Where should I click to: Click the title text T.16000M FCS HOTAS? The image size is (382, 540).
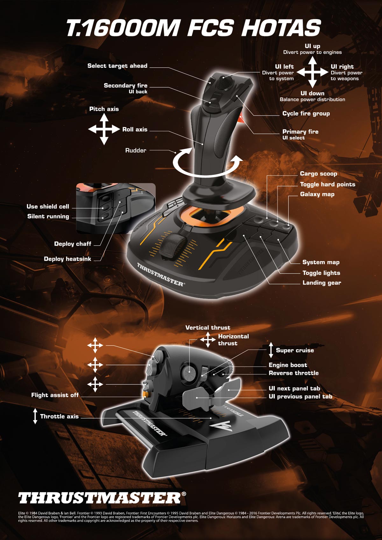[193, 28]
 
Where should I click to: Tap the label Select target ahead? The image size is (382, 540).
[117, 66]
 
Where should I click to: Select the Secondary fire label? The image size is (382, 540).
[125, 85]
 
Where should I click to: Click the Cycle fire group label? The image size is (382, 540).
[306, 114]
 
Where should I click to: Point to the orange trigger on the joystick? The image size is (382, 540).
[241, 119]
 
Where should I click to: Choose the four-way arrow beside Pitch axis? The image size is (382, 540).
[104, 129]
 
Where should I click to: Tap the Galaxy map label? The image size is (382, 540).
[317, 194]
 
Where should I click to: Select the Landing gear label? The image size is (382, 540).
[322, 283]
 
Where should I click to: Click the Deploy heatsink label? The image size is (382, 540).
[67, 259]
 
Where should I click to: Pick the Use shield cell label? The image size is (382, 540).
[48, 207]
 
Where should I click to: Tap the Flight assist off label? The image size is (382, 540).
[55, 395]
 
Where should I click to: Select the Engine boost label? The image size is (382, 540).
[288, 365]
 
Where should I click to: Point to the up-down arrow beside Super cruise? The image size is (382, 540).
[271, 350]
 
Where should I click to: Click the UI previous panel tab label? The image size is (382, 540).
[300, 396]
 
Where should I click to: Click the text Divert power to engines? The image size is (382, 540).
[312, 52]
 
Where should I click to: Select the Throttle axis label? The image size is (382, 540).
[59, 416]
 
